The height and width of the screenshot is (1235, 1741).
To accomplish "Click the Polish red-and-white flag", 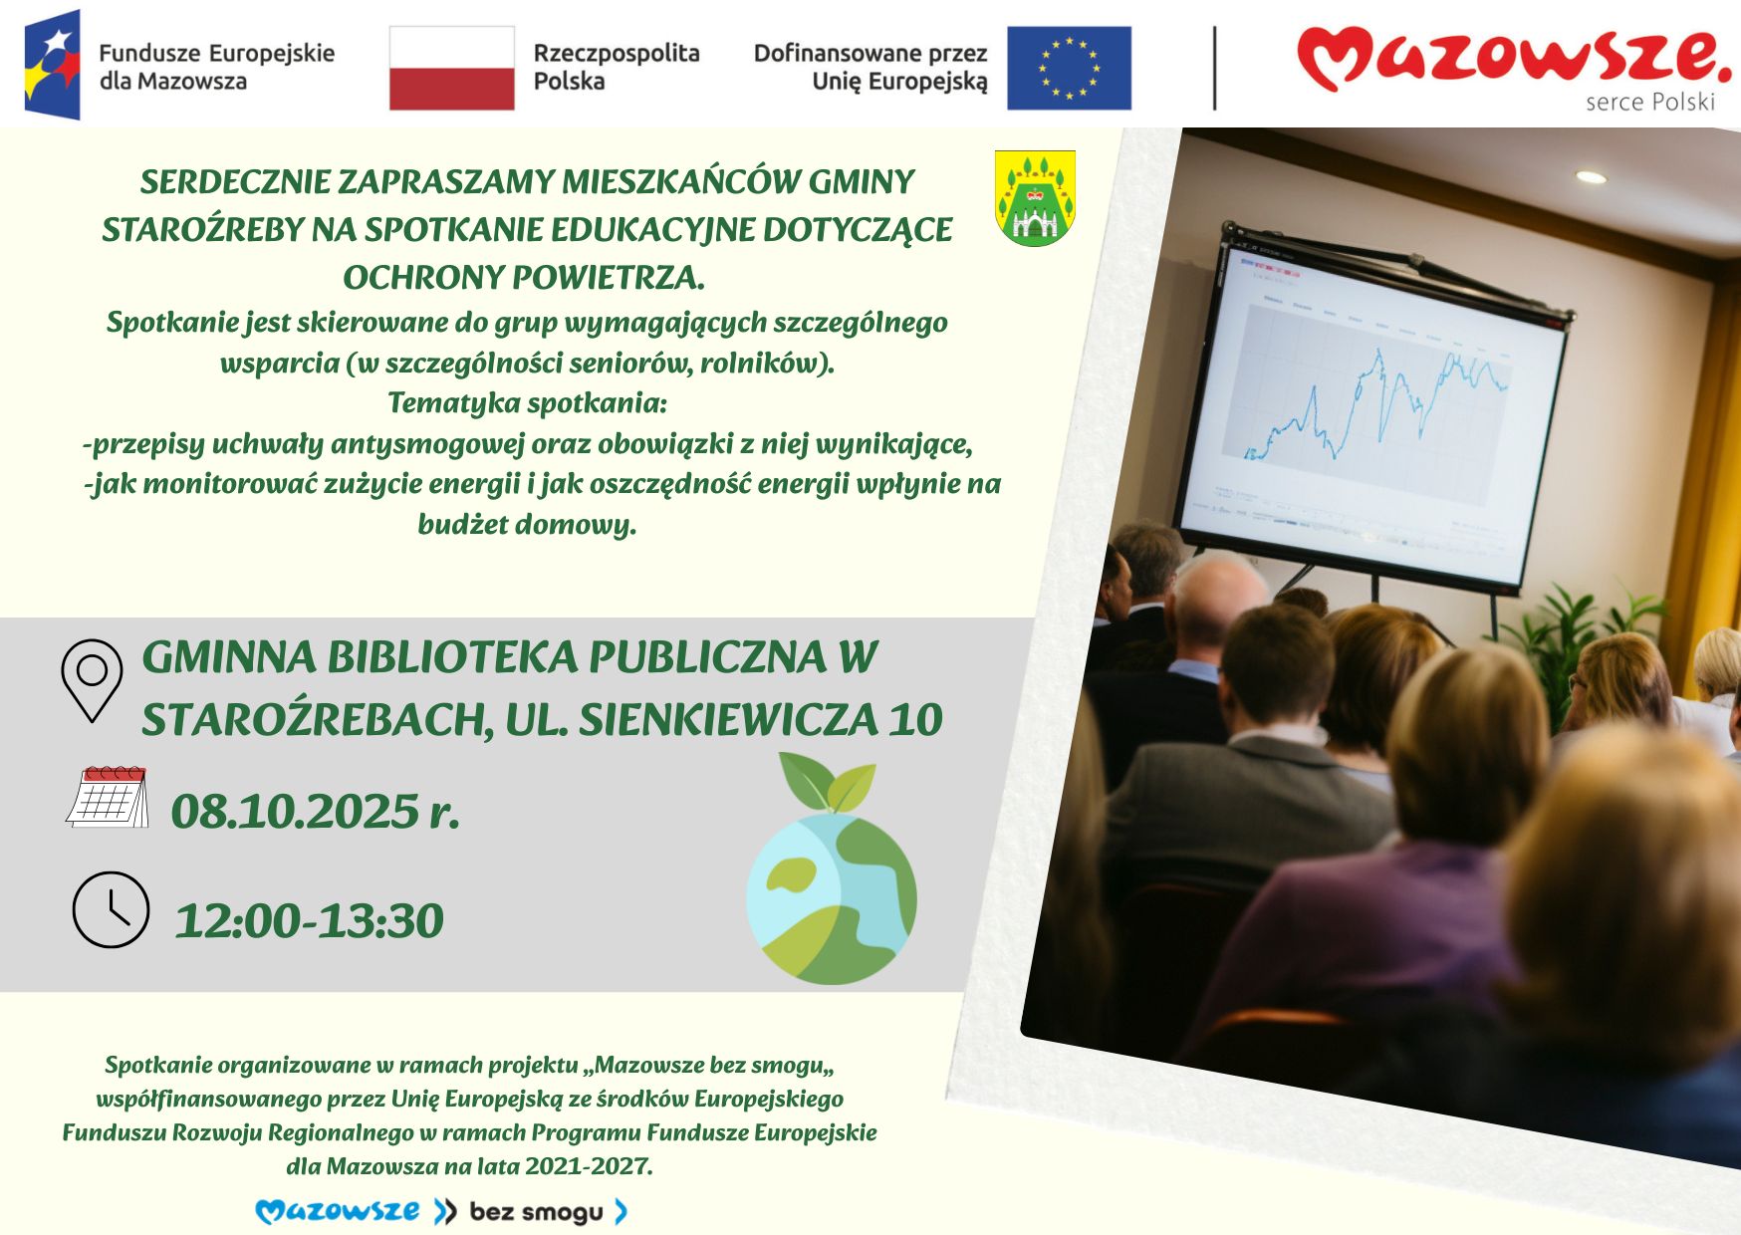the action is pyautogui.click(x=452, y=68).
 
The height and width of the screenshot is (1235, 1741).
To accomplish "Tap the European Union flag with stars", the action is pyautogui.click(x=1069, y=68).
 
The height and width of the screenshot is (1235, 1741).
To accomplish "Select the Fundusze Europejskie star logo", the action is pyautogui.click(x=53, y=65).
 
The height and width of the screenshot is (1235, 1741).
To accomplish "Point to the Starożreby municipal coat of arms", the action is pyautogui.click(x=1035, y=198).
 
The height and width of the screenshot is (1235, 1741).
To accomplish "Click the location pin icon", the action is pyautogui.click(x=92, y=680).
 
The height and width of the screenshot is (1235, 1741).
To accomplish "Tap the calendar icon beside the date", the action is pyautogui.click(x=108, y=797).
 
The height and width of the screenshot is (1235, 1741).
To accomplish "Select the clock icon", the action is pyautogui.click(x=111, y=910).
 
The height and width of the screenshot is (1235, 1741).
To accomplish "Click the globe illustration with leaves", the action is pyautogui.click(x=832, y=869).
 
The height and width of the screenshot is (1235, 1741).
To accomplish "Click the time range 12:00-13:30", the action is pyautogui.click(x=310, y=920).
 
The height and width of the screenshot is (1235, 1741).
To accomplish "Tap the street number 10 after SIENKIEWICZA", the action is pyautogui.click(x=915, y=719).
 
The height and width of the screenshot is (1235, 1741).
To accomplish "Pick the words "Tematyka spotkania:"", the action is pyautogui.click(x=527, y=402).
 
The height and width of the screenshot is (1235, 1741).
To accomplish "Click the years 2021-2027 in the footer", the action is pyautogui.click(x=589, y=1166).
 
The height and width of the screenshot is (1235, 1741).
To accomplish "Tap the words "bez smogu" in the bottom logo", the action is pyautogui.click(x=536, y=1212).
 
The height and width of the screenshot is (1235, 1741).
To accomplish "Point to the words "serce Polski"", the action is pyautogui.click(x=1650, y=102).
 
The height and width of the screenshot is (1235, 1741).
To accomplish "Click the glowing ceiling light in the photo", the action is pyautogui.click(x=1591, y=177).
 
